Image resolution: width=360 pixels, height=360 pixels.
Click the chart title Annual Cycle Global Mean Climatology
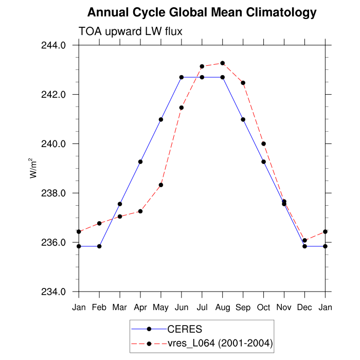pyautogui.click(x=202, y=12)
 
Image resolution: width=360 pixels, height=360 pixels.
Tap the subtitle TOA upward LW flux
pyautogui.click(x=130, y=32)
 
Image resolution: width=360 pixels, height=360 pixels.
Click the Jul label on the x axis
pyautogui.click(x=202, y=308)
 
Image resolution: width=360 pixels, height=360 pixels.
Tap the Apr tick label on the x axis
pyautogui.click(x=140, y=308)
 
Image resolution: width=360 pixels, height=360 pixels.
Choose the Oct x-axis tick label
pyautogui.click(x=264, y=308)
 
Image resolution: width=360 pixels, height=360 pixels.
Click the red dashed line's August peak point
pyautogui.click(x=223, y=63)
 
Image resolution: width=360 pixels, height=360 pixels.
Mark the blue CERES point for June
pyautogui.click(x=182, y=77)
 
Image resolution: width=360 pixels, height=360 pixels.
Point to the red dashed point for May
pyautogui.click(x=161, y=185)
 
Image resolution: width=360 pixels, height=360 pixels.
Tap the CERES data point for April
pyautogui.click(x=140, y=162)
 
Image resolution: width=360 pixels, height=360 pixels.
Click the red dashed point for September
pyautogui.click(x=243, y=83)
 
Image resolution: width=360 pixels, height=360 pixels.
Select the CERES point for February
pyautogui.click(x=99, y=246)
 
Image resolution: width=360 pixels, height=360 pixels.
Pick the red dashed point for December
pyautogui.click(x=305, y=240)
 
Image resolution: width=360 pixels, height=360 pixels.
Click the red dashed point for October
pyautogui.click(x=264, y=144)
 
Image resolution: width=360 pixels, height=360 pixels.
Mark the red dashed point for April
pyautogui.click(x=140, y=211)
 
